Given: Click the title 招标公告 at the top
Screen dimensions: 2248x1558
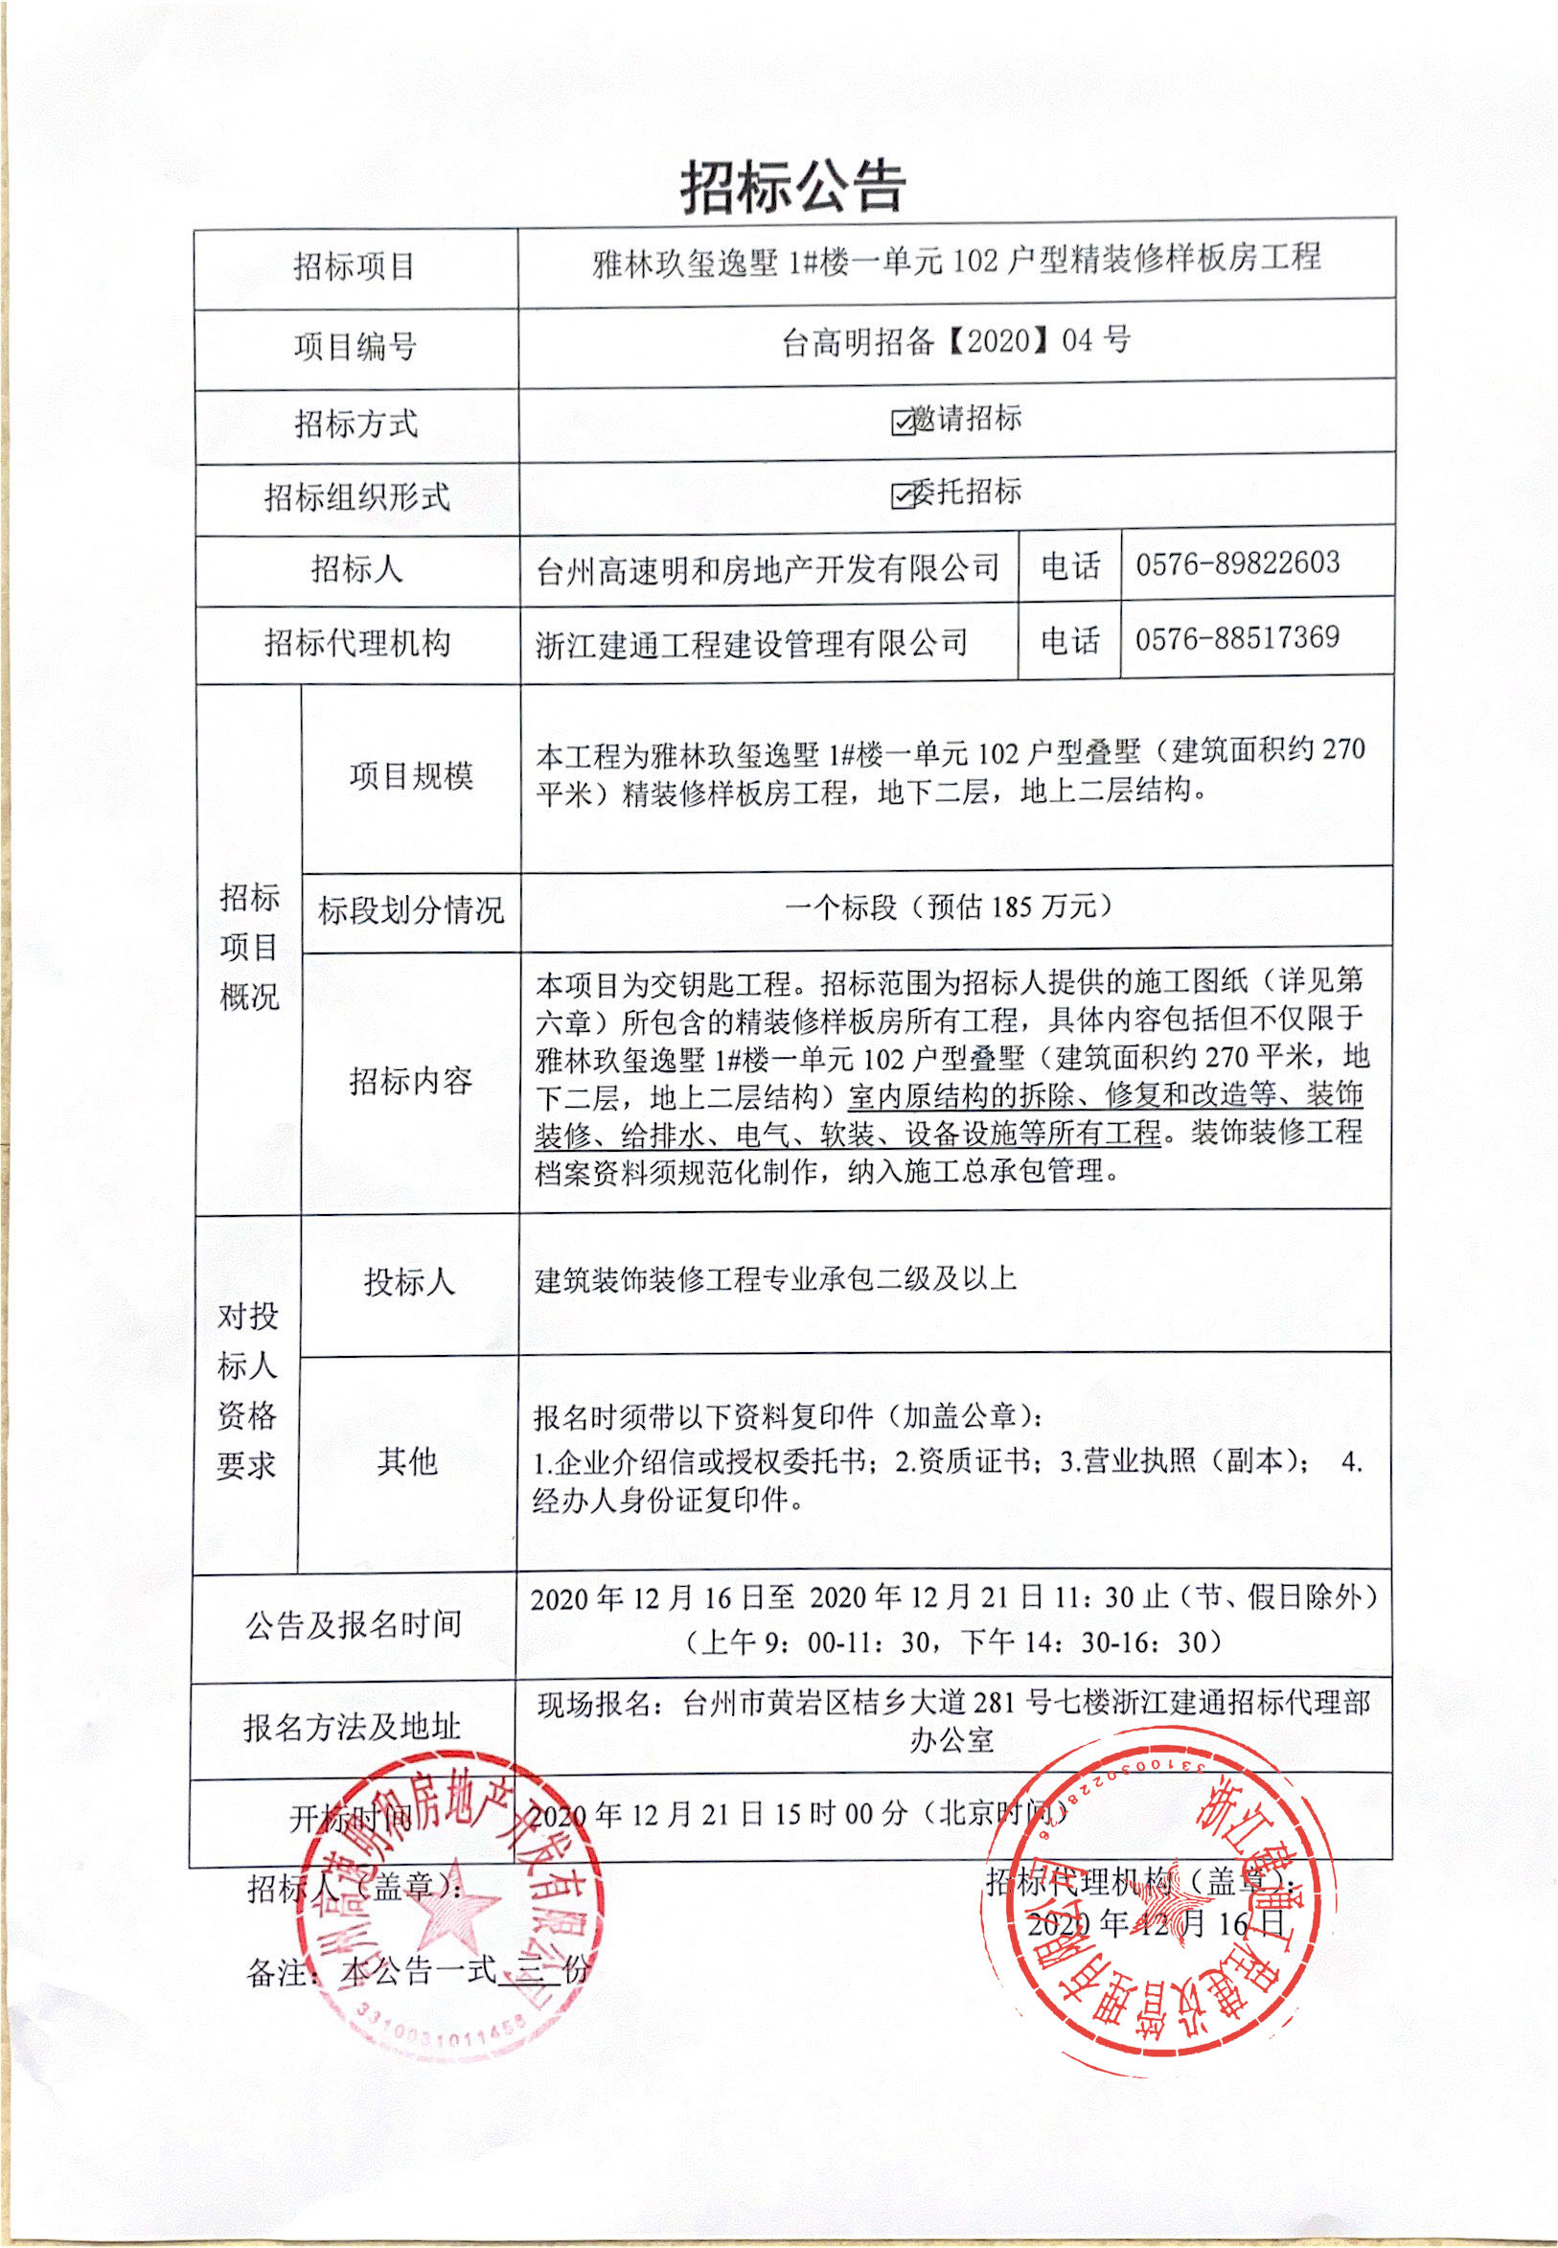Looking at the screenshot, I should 792,186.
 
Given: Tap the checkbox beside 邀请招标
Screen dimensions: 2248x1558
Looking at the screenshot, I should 902,422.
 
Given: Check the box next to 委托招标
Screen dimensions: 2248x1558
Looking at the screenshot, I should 902,494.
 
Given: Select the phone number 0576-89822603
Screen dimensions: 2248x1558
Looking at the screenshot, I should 1237,563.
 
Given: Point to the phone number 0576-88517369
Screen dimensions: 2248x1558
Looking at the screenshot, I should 1237,638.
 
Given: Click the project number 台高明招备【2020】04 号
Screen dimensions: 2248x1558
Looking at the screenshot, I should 955,341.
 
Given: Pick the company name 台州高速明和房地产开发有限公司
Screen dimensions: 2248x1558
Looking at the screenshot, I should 768,568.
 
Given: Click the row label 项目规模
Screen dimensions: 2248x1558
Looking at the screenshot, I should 411,776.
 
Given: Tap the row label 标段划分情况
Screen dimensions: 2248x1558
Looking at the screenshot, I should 411,909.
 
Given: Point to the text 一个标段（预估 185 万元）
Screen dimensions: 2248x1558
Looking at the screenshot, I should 949,906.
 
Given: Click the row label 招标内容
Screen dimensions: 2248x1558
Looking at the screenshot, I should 411,1081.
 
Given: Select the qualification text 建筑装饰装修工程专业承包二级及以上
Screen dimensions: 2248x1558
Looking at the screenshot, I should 775,1278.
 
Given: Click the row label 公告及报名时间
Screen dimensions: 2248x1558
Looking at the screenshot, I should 354,1624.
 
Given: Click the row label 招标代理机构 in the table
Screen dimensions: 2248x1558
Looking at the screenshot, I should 357,643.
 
